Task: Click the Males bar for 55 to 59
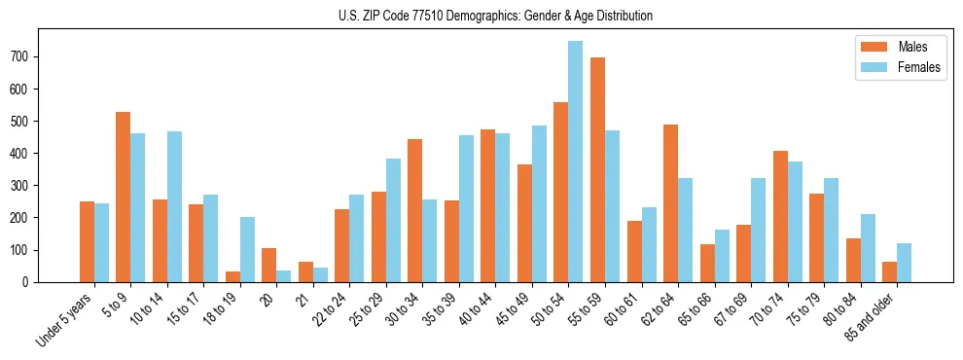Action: point(597,170)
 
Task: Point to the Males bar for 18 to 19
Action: point(232,276)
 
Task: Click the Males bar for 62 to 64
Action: point(670,203)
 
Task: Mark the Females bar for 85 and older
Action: point(904,263)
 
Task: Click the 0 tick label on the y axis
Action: point(29,282)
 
